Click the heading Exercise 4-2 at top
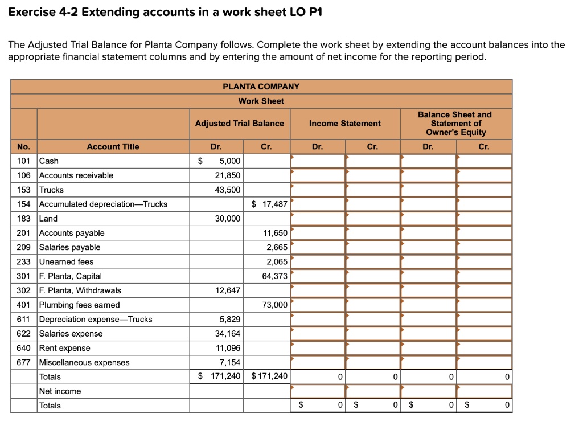tap(165, 12)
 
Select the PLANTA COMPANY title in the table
tap(261, 87)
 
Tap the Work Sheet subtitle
tap(261, 101)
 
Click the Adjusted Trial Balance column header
tap(239, 123)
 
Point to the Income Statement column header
tap(344, 123)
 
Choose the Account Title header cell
tap(113, 146)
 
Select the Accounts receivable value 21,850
tap(228, 175)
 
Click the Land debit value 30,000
tap(228, 219)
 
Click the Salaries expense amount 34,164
tap(228, 334)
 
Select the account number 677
tap(23, 362)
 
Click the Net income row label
tap(60, 391)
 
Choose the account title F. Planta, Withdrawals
tap(80, 290)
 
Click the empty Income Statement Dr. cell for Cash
tap(318, 161)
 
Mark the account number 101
tap(23, 161)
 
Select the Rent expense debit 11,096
tap(228, 348)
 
